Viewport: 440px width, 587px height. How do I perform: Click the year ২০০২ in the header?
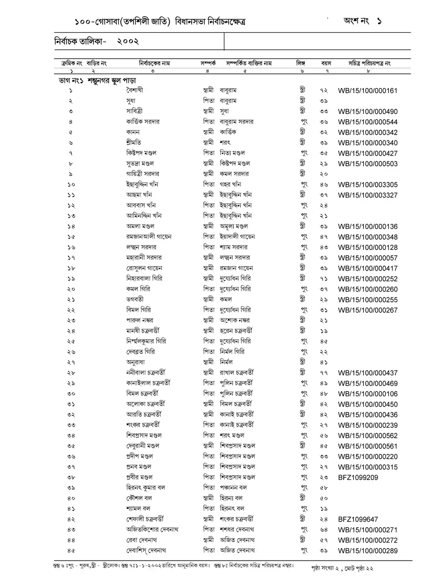click(x=128, y=42)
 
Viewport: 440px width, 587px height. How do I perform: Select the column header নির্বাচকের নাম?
click(x=154, y=64)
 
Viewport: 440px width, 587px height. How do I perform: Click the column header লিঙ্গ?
click(x=300, y=64)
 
